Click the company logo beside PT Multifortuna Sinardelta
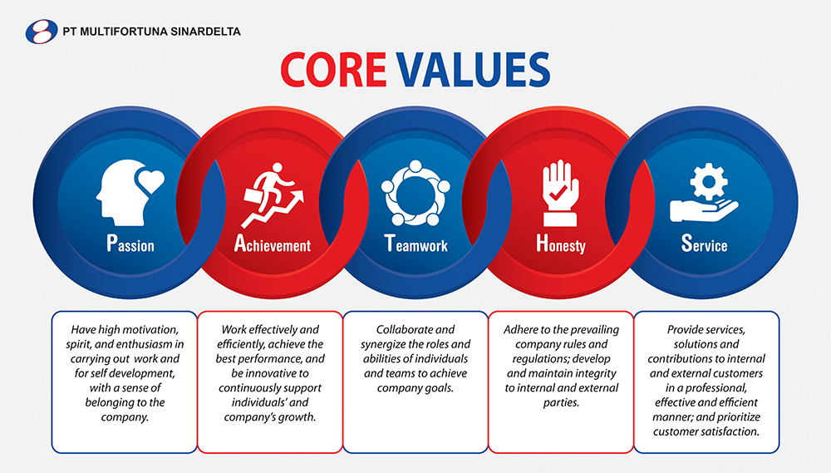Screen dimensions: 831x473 [x=42, y=32]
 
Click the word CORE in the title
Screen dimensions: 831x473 [x=333, y=70]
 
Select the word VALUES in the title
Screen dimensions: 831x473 [x=474, y=70]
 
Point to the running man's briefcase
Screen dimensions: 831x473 [x=255, y=197]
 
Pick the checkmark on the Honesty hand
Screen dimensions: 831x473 [x=558, y=193]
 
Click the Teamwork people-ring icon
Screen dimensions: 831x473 [x=415, y=193]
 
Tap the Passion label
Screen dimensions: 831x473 [x=130, y=244]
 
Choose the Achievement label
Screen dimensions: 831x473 [x=273, y=244]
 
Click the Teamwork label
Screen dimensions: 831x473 [x=416, y=244]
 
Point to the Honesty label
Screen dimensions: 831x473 [x=561, y=244]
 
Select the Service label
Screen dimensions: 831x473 [x=705, y=244]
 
